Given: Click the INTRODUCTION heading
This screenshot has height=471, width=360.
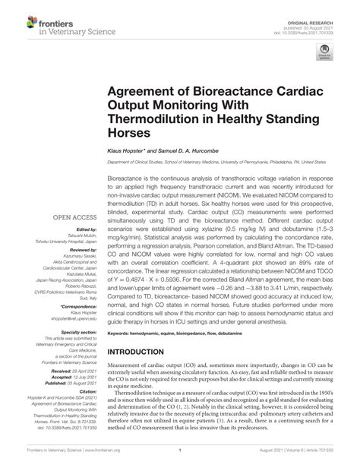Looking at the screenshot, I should [x=146, y=352].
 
